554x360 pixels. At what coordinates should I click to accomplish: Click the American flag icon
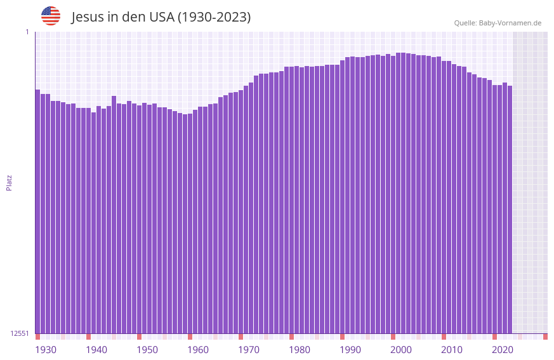(51, 16)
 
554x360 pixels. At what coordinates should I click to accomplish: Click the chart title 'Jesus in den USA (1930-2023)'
(161, 17)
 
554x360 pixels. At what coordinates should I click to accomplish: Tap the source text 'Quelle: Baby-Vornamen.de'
(498, 23)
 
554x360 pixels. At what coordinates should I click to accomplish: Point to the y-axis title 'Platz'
(9, 182)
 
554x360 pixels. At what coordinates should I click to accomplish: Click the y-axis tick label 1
(27, 32)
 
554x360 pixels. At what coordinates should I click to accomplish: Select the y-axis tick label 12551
(20, 333)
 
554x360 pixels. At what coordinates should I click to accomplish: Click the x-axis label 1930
(46, 350)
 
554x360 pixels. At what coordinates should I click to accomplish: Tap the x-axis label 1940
(96, 350)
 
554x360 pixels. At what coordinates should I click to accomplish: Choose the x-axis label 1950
(147, 350)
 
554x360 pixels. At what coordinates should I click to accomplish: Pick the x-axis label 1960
(198, 350)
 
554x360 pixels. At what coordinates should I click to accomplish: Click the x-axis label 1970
(249, 350)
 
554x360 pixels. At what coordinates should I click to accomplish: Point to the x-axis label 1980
(300, 350)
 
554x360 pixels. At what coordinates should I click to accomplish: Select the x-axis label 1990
(350, 350)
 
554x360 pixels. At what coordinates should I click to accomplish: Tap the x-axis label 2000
(401, 350)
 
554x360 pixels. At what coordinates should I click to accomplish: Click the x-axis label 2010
(452, 350)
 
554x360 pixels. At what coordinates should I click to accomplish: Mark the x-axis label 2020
(503, 350)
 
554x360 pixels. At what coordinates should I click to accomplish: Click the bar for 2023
(510, 210)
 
